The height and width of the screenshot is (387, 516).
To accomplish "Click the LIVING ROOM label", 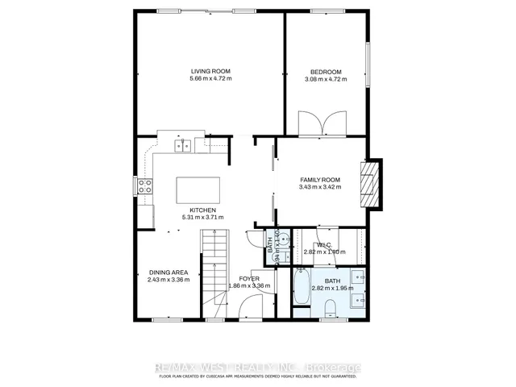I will pyautogui.click(x=210, y=70).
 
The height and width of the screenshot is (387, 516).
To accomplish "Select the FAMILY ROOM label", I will pyautogui.click(x=321, y=179).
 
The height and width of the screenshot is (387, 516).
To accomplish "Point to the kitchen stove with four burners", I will pyautogui.click(x=145, y=187).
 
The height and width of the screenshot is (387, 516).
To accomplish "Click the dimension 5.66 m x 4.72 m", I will pyautogui.click(x=210, y=78).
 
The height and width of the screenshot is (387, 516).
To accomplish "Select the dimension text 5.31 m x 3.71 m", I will pyautogui.click(x=202, y=218).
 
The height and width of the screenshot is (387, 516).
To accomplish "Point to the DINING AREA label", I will pyautogui.click(x=169, y=272).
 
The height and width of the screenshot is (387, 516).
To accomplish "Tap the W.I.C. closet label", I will pyautogui.click(x=324, y=244).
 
